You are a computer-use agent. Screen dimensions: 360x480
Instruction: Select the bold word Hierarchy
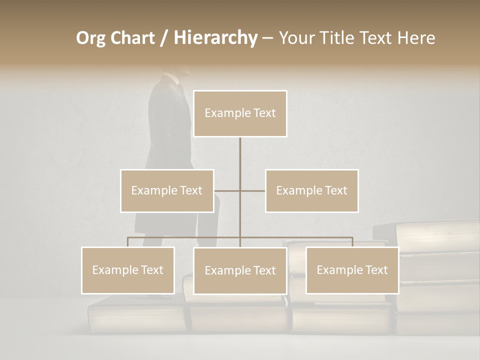pos(215,38)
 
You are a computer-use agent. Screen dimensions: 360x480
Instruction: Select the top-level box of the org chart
pos(240,113)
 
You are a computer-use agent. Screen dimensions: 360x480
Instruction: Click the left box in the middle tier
pos(167,190)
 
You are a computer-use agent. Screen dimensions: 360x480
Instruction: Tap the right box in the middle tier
pos(312,190)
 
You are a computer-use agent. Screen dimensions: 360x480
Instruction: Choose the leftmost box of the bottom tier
pos(128,270)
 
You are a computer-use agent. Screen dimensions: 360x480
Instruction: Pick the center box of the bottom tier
pos(240,270)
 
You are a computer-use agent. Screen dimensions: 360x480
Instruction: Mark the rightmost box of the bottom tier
pos(352,270)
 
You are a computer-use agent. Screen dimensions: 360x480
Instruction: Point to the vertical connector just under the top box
pos(240,150)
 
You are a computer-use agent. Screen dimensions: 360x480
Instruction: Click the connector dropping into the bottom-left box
pos(128,242)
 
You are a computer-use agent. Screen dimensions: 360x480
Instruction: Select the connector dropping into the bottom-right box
pos(352,242)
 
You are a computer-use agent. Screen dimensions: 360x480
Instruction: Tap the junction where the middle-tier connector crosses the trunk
pos(240,190)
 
